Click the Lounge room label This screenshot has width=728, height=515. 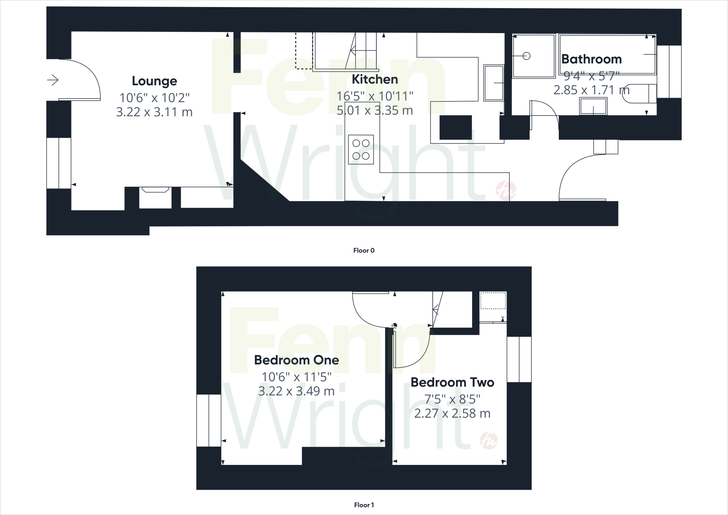click(x=154, y=81)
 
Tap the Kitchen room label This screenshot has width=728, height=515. click(x=375, y=79)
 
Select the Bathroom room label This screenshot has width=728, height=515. click(x=591, y=59)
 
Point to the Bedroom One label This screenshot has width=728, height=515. click(x=296, y=360)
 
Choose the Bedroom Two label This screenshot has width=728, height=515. click(x=453, y=382)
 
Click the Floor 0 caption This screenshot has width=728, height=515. click(x=364, y=250)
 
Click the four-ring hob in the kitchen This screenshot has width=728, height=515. click(x=361, y=149)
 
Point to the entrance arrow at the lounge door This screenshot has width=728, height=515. click(x=53, y=80)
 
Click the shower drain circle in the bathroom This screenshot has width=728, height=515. click(x=526, y=56)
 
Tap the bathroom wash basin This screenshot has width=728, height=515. click(x=593, y=106)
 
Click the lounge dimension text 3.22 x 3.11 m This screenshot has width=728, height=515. click(x=154, y=112)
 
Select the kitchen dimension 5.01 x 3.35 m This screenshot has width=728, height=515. click(x=375, y=111)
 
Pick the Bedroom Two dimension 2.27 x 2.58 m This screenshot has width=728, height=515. click(x=453, y=413)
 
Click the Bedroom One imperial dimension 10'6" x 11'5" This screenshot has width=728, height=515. click(x=296, y=376)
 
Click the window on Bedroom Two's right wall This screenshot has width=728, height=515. click(x=519, y=359)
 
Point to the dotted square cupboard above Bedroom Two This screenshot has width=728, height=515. click(x=493, y=301)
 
